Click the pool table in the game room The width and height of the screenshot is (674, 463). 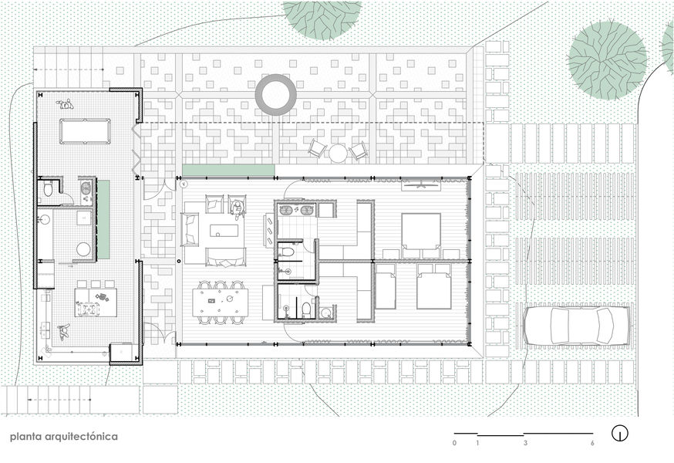(85, 131)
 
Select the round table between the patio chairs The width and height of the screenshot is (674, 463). (338, 153)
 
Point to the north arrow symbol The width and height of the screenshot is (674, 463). (619, 433)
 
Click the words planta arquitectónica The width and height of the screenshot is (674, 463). (63, 436)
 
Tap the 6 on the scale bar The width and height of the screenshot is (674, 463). (592, 443)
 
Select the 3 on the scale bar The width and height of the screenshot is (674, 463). (525, 443)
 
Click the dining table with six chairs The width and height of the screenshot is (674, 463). (221, 301)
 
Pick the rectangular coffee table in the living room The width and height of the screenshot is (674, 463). (224, 230)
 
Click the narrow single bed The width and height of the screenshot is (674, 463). (386, 286)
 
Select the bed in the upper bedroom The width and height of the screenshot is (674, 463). (421, 235)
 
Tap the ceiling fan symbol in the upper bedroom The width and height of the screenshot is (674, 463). (421, 185)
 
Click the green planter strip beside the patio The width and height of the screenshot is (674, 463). (229, 170)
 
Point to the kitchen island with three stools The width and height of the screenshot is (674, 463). (96, 302)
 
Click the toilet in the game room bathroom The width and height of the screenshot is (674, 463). (48, 189)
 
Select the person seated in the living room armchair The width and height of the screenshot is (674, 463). (237, 208)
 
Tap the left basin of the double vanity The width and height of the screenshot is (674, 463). (285, 211)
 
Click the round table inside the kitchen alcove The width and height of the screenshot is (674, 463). (83, 248)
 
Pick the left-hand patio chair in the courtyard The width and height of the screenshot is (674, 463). (316, 147)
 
